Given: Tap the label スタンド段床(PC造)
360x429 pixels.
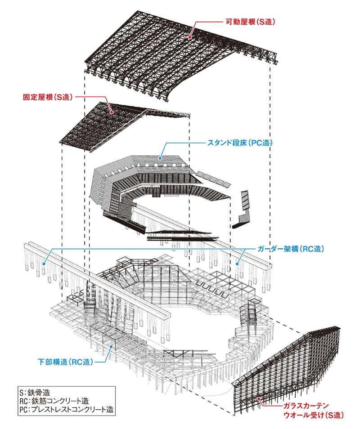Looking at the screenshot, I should (239, 143).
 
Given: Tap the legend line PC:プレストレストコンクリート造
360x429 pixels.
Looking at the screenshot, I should (67, 410).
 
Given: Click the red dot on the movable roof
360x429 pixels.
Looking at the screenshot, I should (190, 37).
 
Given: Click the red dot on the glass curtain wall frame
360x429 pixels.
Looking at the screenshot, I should (259, 398).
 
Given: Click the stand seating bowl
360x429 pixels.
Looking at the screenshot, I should (148, 189).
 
